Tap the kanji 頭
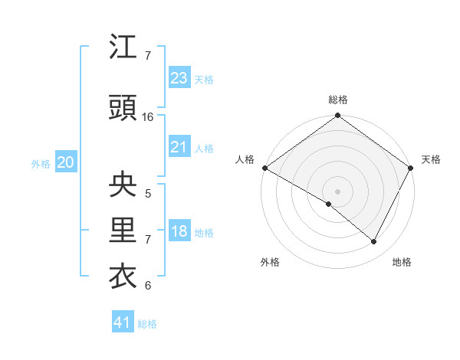123,109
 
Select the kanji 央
123,185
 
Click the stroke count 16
148,117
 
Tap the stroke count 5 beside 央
148,194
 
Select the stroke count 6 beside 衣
148,286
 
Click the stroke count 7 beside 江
148,56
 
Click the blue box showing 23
179,78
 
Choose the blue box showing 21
179,147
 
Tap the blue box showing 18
179,231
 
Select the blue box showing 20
65,162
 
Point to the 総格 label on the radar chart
337,100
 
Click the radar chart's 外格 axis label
270,262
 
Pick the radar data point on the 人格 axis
264,168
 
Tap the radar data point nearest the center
329,205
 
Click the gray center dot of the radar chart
337,191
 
